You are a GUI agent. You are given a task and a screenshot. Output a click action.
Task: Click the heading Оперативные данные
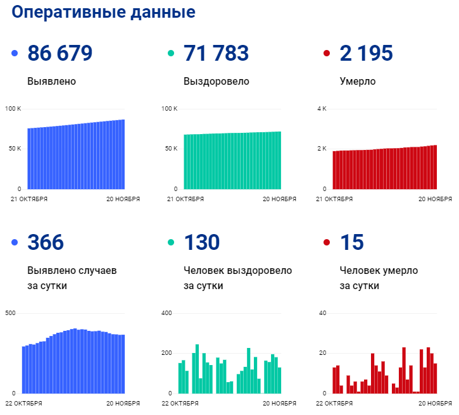coord(104,13)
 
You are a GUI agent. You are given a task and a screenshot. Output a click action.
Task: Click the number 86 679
coord(60,54)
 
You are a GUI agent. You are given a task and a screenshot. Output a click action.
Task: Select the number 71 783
coord(216,54)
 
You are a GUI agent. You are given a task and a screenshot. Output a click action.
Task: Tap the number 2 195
coord(367,54)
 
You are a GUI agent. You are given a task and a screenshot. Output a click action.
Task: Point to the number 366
coord(46,242)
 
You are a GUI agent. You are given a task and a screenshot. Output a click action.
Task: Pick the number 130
coord(201,242)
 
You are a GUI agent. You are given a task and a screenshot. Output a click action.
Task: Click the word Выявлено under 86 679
coord(52,82)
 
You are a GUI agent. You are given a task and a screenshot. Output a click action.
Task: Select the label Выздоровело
coord(216,82)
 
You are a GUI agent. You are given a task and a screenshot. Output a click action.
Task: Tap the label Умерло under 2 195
coord(358,82)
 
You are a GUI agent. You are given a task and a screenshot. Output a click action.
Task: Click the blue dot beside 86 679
coord(15,54)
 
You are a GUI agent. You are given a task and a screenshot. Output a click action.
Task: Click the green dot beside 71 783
coord(171,54)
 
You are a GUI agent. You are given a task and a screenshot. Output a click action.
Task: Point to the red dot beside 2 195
coord(327,54)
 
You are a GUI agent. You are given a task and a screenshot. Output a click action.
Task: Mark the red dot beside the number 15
coord(327,243)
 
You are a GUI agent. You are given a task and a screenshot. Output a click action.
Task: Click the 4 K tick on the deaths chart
coord(322,109)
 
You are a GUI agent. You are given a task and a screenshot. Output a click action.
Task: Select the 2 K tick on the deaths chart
coord(322,149)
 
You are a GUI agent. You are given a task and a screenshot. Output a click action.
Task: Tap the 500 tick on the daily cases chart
coord(10,313)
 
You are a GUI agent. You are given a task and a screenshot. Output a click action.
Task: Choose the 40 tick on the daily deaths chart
coord(322,313)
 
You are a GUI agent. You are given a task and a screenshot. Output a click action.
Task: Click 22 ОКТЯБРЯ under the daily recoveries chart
coord(180,403)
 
